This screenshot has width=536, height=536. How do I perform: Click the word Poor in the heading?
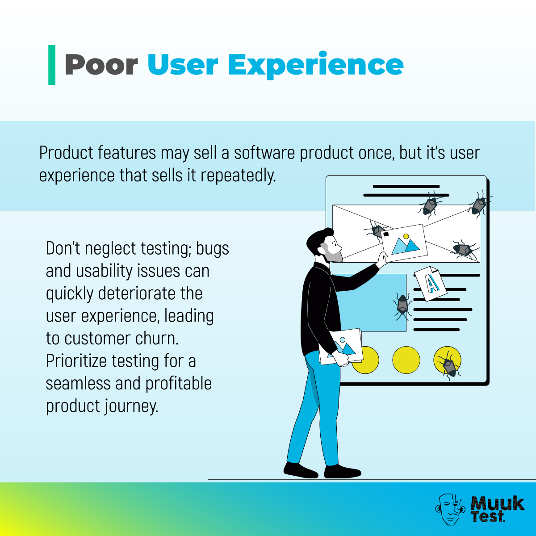point(101,65)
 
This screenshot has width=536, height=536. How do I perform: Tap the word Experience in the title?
point(316,65)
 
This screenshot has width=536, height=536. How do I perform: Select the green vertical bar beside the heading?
point(52,65)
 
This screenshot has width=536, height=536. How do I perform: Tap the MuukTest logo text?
point(497,509)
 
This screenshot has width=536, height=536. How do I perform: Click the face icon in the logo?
point(450,509)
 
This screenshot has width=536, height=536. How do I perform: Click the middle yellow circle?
point(406,360)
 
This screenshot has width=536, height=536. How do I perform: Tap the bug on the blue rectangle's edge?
point(403,306)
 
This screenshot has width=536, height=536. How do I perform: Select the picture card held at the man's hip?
point(342,347)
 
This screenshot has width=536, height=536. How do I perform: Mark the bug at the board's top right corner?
point(479,204)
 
